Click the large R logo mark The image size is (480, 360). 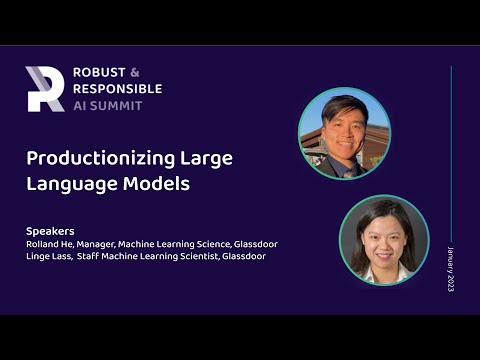(x=44, y=88)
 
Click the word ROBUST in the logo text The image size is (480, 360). (x=98, y=73)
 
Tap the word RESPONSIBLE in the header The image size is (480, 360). (x=117, y=89)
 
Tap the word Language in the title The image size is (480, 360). (x=67, y=185)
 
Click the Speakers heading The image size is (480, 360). (x=50, y=230)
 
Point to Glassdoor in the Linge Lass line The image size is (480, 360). (x=244, y=256)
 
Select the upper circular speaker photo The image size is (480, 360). (x=344, y=133)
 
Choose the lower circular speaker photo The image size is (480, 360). (x=383, y=240)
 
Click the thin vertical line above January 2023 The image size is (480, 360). (x=451, y=150)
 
